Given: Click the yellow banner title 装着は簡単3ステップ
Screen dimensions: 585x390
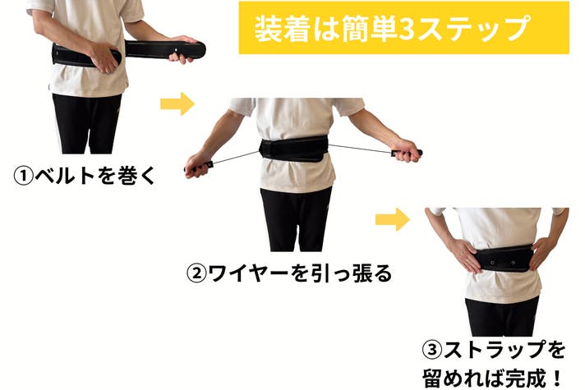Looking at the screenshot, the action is (x=392, y=29).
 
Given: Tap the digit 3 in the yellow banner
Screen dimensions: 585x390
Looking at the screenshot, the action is (x=408, y=29).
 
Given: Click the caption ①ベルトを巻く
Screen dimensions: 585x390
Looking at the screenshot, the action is (x=85, y=175).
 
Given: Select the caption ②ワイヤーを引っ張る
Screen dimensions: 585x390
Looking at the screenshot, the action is (x=289, y=273).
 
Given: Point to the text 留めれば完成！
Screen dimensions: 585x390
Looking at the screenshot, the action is (x=492, y=378).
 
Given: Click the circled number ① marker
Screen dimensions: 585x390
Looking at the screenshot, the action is (x=24, y=176).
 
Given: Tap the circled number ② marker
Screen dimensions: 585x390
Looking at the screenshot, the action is (x=196, y=274).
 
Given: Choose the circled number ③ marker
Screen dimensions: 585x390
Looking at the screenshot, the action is (x=432, y=350).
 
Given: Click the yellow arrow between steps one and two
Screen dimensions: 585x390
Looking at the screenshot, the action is (x=177, y=103).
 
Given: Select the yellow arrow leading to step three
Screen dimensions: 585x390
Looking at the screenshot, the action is (x=393, y=219).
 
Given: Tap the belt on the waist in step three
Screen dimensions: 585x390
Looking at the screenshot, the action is (x=504, y=259).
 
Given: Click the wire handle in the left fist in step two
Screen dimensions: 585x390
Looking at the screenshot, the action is (x=199, y=167).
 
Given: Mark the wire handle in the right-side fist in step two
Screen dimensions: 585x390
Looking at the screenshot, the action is (x=407, y=153).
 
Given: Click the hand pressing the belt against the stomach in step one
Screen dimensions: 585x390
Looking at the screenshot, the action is (x=105, y=57).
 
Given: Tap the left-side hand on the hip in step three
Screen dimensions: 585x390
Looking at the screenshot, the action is (x=464, y=256).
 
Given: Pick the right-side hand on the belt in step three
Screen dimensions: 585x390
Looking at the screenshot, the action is (x=543, y=252).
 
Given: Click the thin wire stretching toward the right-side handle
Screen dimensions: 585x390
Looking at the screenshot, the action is (x=360, y=149).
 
